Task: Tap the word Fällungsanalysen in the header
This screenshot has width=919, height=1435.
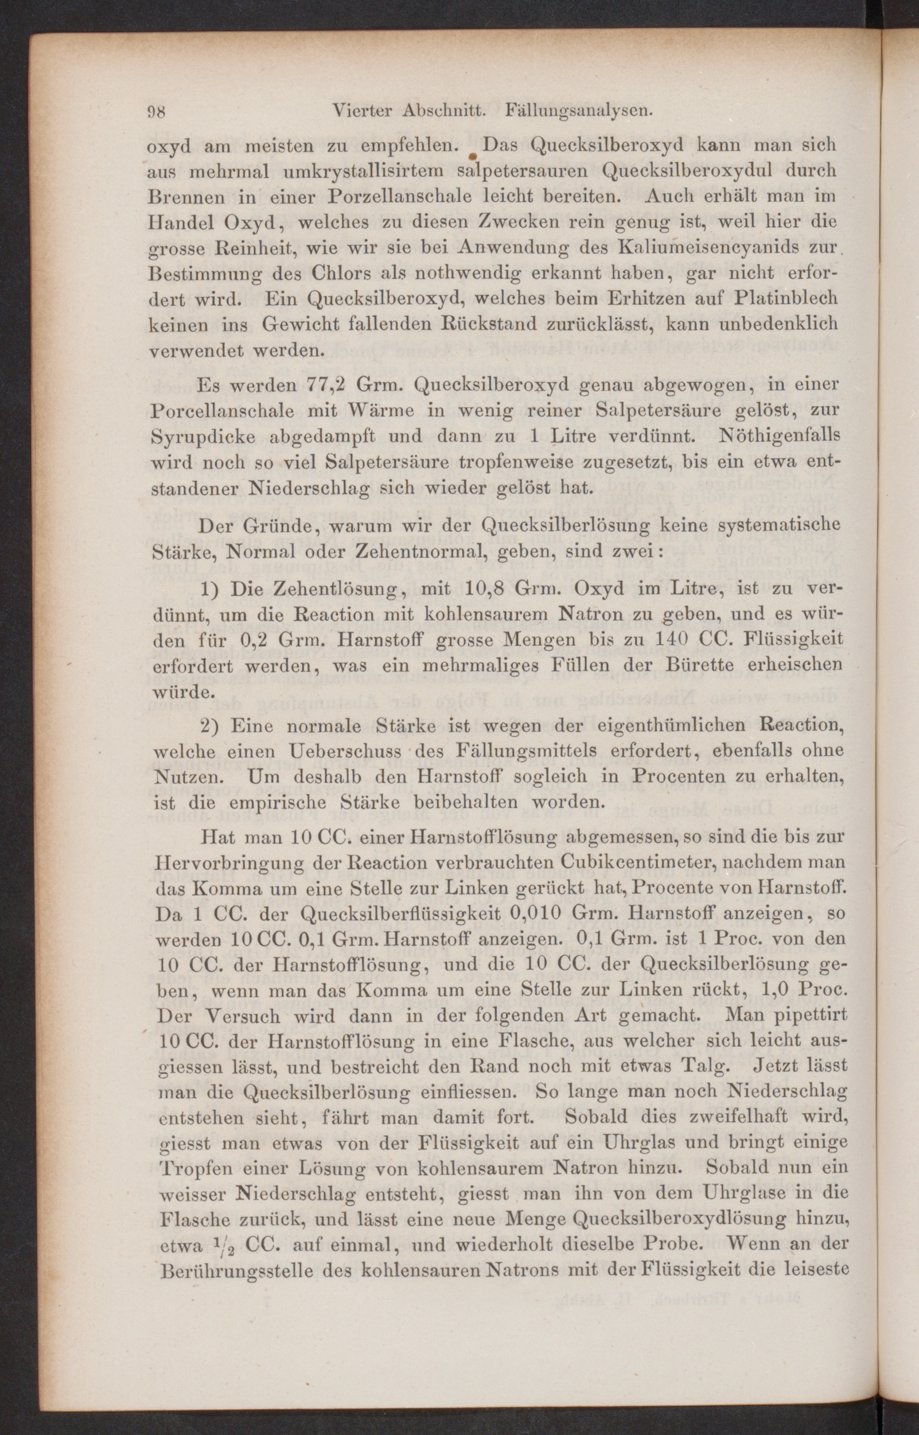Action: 577,111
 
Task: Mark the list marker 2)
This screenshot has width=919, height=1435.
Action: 211,727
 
